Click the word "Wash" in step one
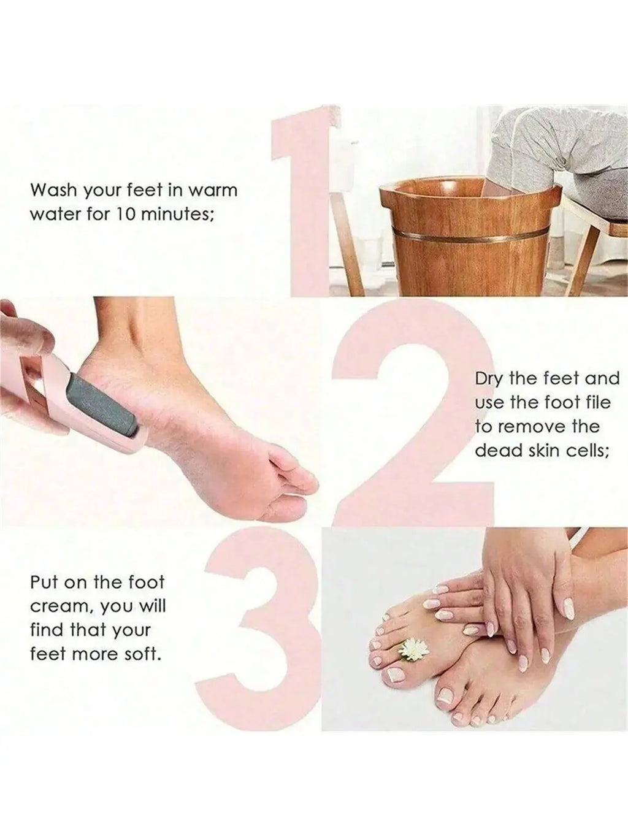coord(53,190)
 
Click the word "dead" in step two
coord(498,451)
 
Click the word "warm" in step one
coord(212,190)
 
